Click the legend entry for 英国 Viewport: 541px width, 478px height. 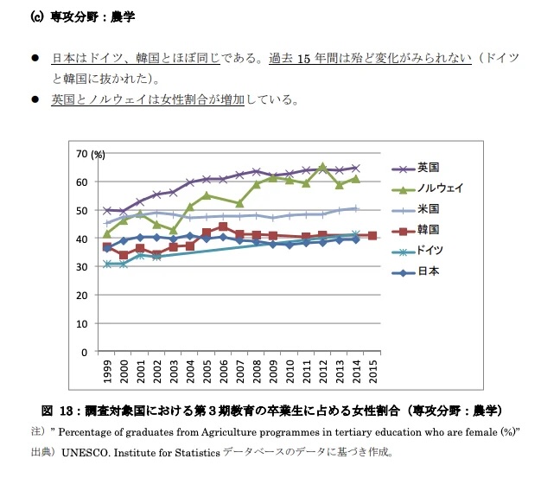[429, 168]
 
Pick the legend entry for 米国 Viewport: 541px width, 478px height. [429, 209]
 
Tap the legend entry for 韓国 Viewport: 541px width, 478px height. [429, 230]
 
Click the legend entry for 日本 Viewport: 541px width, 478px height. [429, 271]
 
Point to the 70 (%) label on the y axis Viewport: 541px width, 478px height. [90, 154]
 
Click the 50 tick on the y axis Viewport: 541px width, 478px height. [83, 210]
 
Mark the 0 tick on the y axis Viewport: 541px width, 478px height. [86, 352]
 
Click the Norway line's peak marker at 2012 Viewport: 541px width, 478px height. [322, 167]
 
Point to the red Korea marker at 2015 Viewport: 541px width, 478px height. [372, 235]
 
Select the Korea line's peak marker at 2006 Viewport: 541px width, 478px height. [223, 227]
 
